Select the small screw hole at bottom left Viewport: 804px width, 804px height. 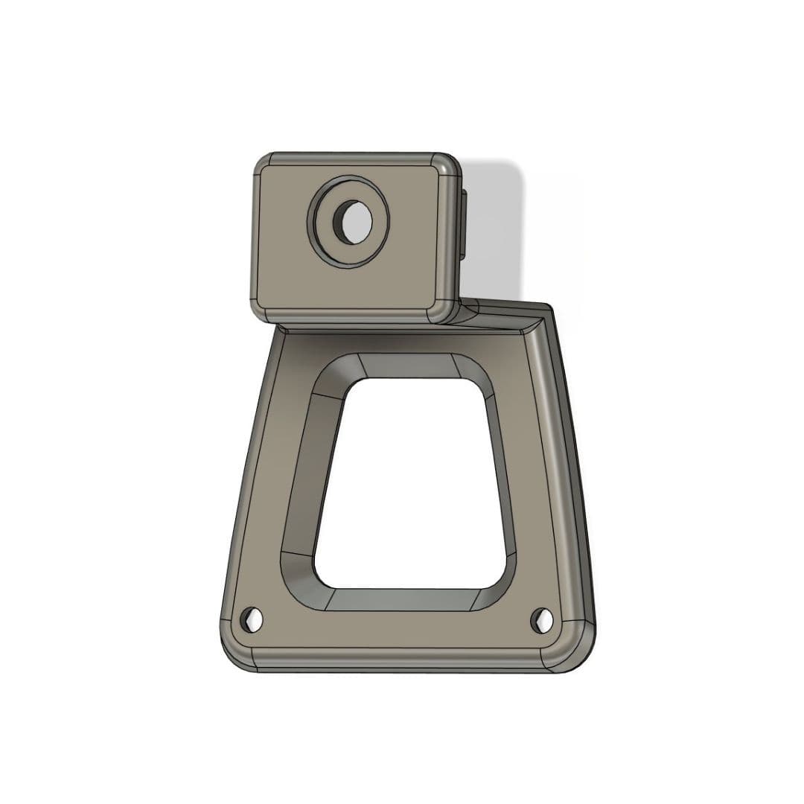[x=251, y=617]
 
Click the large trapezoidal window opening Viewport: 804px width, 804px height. [x=413, y=484]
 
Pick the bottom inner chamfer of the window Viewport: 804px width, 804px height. [x=402, y=599]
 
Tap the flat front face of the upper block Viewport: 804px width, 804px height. [x=402, y=275]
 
